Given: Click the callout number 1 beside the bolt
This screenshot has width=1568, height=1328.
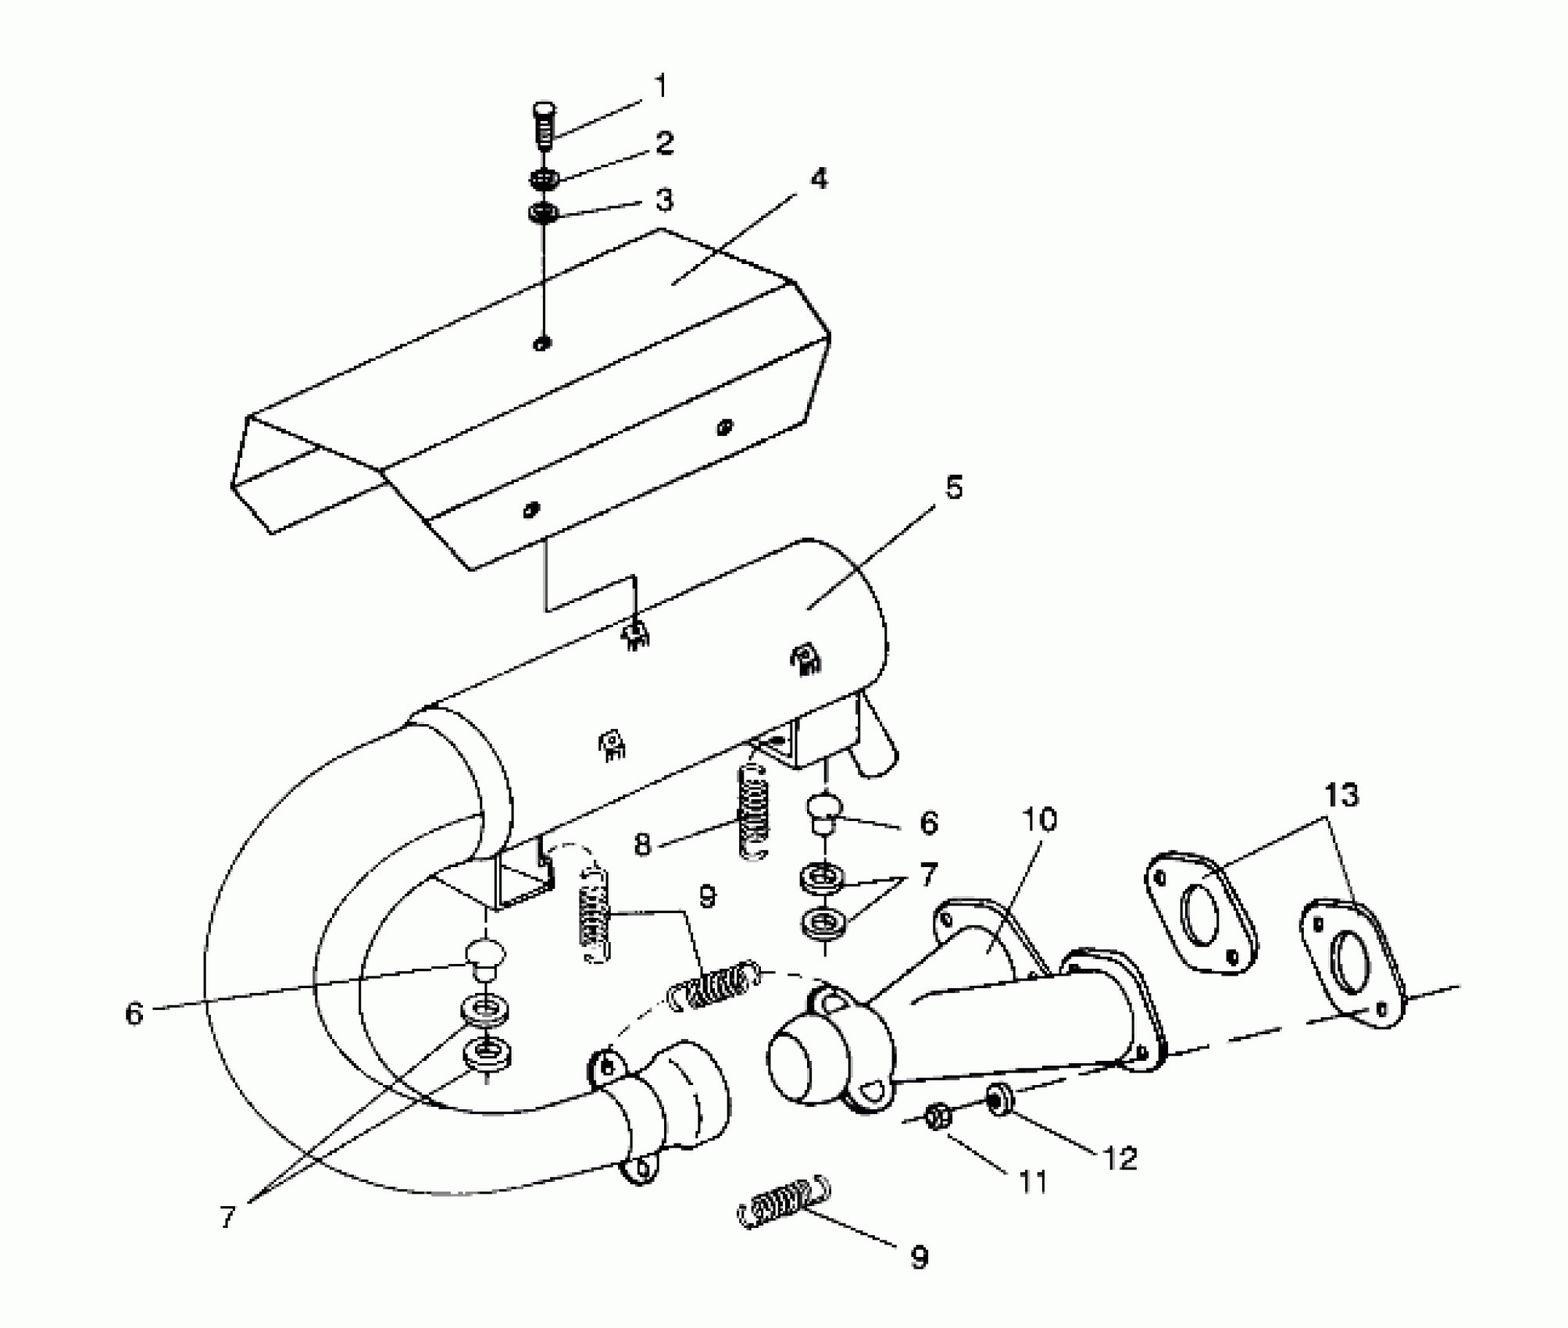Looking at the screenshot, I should point(661,86).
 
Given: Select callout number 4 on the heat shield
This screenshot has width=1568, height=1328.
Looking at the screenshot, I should point(818,179).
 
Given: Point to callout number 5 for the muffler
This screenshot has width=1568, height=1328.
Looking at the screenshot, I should point(954,487).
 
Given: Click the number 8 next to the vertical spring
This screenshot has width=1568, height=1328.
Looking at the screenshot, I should point(642,844).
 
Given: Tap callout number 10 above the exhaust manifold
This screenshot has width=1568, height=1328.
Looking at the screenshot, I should point(1039,819).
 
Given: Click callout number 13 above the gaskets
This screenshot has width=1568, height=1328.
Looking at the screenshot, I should point(1341,794).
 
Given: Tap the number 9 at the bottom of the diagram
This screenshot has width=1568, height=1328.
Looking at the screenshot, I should point(919,1257).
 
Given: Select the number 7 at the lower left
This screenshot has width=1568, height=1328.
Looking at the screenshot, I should point(227,1216).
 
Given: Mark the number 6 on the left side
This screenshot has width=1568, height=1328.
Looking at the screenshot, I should point(134,1014).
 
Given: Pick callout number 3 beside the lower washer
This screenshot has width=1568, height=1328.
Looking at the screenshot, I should point(664,201).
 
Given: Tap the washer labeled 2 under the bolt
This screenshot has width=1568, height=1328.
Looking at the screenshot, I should point(543,179).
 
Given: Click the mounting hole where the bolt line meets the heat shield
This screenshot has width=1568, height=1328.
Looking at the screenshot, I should point(542,343).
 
